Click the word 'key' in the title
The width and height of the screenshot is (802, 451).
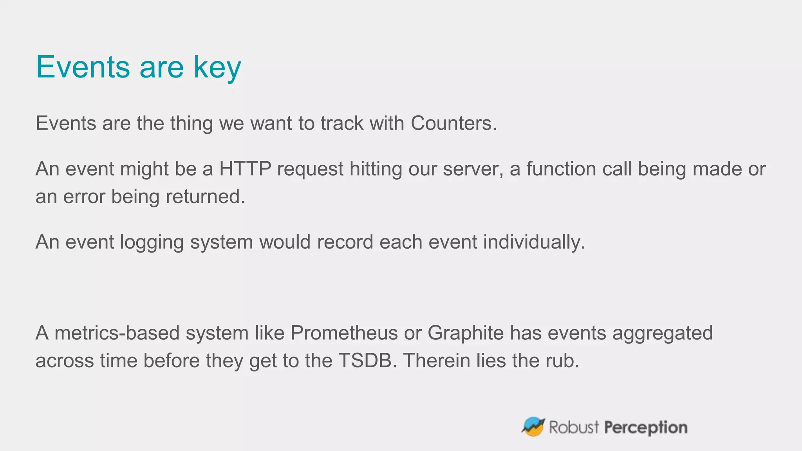[217, 67]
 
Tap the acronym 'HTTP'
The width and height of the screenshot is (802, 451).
[245, 169]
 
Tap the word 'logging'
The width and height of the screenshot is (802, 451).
[152, 242]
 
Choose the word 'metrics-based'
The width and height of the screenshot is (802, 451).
[117, 333]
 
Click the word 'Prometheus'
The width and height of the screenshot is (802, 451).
[344, 333]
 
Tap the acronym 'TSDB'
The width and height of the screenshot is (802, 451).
[365, 361]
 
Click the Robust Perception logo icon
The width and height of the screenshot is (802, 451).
[533, 427]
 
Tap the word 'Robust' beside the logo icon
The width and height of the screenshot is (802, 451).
[574, 427]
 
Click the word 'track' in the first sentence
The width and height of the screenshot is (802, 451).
[342, 123]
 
